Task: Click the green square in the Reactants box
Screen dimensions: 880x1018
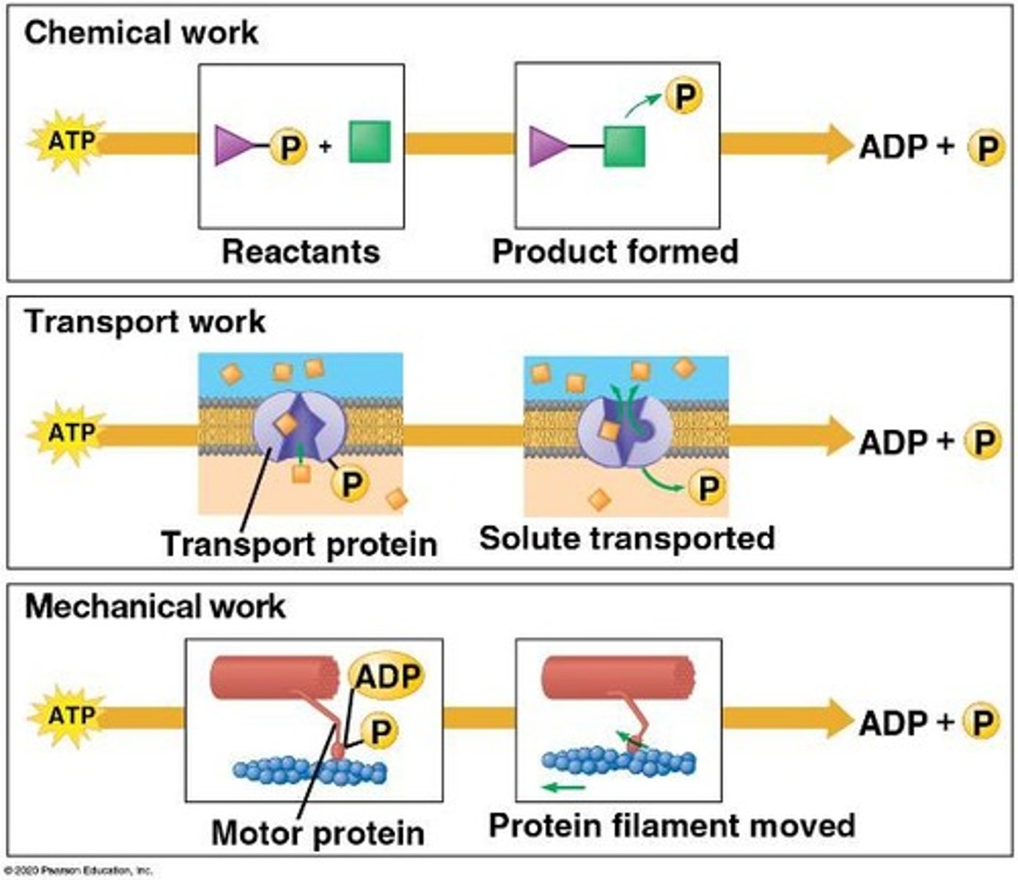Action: [369, 142]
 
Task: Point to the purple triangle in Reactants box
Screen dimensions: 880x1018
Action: [230, 144]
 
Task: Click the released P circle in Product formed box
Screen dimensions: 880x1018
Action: [684, 96]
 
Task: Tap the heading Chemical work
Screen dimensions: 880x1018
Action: [141, 33]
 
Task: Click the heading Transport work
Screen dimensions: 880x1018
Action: [145, 322]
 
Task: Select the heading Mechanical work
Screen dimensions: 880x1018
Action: [155, 607]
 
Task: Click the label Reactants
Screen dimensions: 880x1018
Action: [301, 252]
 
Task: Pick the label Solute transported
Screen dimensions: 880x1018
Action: [627, 538]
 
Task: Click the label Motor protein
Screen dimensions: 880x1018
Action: [318, 833]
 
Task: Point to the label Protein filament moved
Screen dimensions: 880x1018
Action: [672, 826]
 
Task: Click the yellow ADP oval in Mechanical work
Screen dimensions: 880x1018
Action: [387, 676]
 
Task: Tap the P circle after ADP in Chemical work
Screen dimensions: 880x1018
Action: [985, 147]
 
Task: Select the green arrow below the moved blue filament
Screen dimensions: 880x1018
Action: [564, 788]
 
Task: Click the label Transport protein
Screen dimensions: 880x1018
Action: [299, 544]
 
